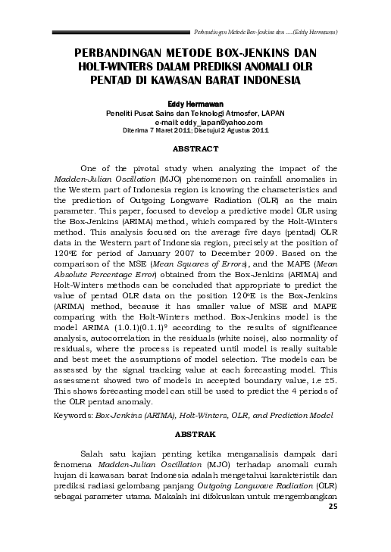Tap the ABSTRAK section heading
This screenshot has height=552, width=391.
tap(195, 437)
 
